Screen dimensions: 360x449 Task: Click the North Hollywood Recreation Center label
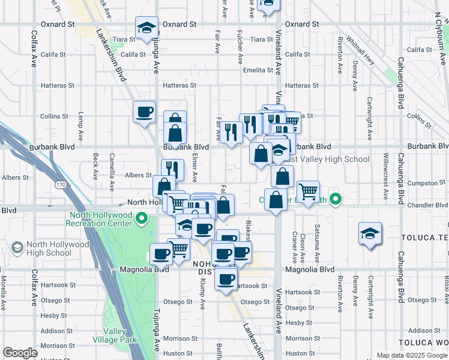(101, 220)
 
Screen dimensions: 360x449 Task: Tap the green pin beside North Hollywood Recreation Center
(142, 218)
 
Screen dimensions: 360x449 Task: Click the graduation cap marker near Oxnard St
(146, 28)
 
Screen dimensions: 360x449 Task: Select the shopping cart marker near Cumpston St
(308, 192)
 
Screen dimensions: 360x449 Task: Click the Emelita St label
(258, 70)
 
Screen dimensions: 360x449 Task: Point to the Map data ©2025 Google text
(412, 355)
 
